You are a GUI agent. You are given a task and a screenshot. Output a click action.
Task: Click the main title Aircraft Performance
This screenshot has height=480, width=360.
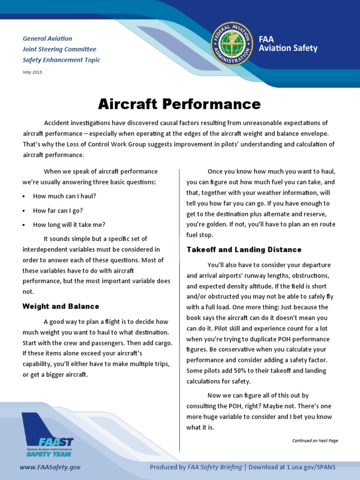click(x=179, y=104)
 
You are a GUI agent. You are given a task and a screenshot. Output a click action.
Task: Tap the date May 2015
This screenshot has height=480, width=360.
click(x=32, y=72)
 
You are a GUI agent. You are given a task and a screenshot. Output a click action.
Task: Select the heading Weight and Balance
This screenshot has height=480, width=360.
click(x=61, y=307)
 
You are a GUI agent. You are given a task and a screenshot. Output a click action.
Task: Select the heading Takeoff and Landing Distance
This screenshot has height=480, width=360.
click(x=244, y=250)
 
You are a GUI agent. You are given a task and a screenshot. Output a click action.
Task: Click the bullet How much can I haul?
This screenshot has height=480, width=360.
click(x=64, y=196)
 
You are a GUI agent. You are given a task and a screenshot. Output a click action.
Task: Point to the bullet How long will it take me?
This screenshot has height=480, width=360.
click(x=69, y=225)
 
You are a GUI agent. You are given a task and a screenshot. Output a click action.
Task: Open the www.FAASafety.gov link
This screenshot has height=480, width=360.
click(x=50, y=467)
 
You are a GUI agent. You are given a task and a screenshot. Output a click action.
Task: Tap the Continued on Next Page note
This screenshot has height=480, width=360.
click(x=315, y=441)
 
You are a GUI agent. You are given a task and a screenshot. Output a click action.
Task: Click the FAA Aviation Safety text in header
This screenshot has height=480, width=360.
click(x=288, y=45)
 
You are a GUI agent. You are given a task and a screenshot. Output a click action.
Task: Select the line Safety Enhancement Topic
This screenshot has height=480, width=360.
click(x=61, y=60)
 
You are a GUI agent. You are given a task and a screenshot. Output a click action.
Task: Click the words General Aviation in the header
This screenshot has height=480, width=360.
click(x=47, y=38)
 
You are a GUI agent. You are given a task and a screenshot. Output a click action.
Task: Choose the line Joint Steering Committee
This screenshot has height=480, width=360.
click(x=59, y=49)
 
